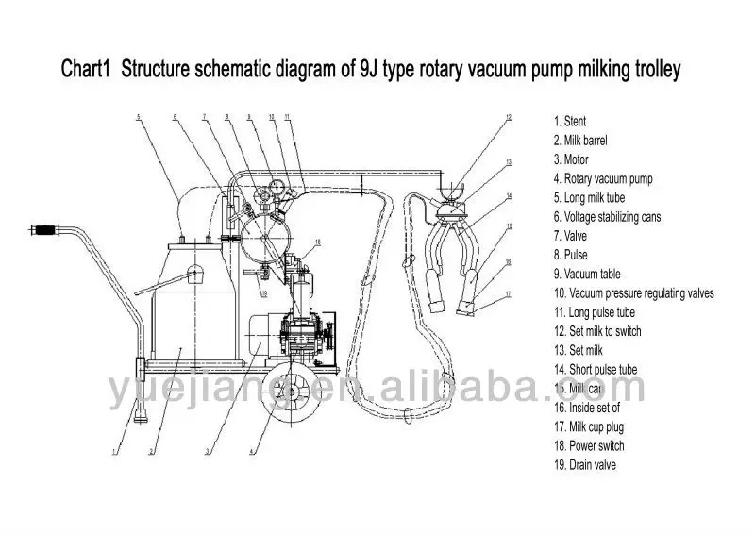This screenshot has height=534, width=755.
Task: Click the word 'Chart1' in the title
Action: [x=86, y=69]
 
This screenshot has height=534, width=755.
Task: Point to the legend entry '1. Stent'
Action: [x=570, y=121]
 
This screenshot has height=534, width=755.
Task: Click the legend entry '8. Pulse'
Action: [x=571, y=255]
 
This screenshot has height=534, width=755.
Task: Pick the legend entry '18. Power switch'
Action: [x=590, y=445]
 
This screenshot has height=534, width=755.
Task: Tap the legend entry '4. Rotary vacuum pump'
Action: [x=603, y=178]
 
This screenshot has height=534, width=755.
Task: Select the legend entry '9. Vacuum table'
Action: [x=587, y=274]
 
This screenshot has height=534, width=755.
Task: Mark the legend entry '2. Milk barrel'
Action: [x=580, y=140]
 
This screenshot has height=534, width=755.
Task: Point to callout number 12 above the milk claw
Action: [x=508, y=118]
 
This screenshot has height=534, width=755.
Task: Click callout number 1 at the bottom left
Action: [x=114, y=451]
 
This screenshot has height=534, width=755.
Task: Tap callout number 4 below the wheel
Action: [x=250, y=451]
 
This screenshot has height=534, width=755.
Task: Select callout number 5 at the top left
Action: [x=138, y=117]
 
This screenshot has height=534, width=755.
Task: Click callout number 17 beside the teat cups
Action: [x=508, y=294]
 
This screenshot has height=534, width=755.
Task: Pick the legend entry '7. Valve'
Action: [x=571, y=236]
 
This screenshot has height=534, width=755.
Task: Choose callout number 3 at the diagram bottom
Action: [x=207, y=451]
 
